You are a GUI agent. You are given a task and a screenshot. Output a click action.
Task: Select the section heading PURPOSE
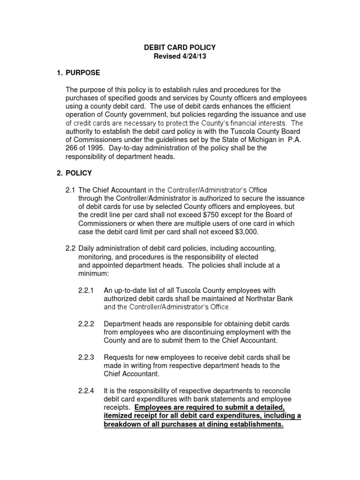(82, 73)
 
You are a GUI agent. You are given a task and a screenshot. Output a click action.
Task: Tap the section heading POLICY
(79, 173)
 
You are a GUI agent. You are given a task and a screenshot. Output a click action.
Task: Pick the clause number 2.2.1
(86, 290)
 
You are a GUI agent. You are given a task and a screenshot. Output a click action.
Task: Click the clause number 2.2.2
(86, 324)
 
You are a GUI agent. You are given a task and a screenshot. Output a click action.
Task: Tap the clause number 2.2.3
(86, 357)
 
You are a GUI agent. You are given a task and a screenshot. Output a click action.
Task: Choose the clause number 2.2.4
(86, 391)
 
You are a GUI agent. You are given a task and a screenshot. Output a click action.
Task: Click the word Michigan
(263, 140)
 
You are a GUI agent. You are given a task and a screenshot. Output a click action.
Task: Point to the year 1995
(97, 148)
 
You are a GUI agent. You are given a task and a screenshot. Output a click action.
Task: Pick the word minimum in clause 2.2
(93, 274)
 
